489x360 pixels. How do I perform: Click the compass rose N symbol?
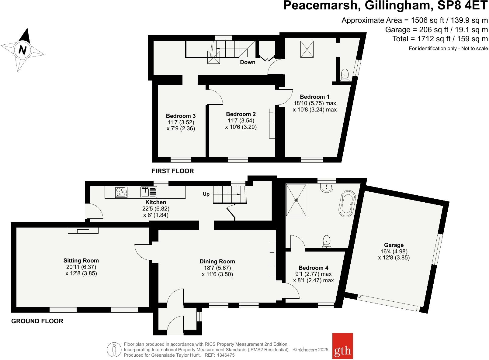click(x=22, y=50)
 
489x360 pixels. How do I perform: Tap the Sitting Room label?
click(x=81, y=260)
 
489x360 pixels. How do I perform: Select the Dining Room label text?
click(x=217, y=261)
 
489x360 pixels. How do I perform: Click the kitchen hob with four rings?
click(x=121, y=192)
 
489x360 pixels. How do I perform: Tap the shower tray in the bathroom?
click(x=296, y=200)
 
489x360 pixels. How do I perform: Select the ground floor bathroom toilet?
click(x=327, y=241)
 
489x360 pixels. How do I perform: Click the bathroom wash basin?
click(x=327, y=187)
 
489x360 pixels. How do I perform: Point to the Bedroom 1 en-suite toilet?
click(x=345, y=75)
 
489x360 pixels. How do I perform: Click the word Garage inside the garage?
click(x=394, y=245)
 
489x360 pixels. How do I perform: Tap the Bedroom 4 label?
click(x=313, y=268)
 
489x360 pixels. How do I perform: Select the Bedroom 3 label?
click(x=181, y=116)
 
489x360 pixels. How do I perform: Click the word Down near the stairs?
click(x=248, y=62)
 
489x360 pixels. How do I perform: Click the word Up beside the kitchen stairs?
click(x=206, y=194)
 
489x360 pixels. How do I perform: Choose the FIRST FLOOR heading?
click(x=173, y=171)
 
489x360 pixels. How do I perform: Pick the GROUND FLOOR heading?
click(x=37, y=321)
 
